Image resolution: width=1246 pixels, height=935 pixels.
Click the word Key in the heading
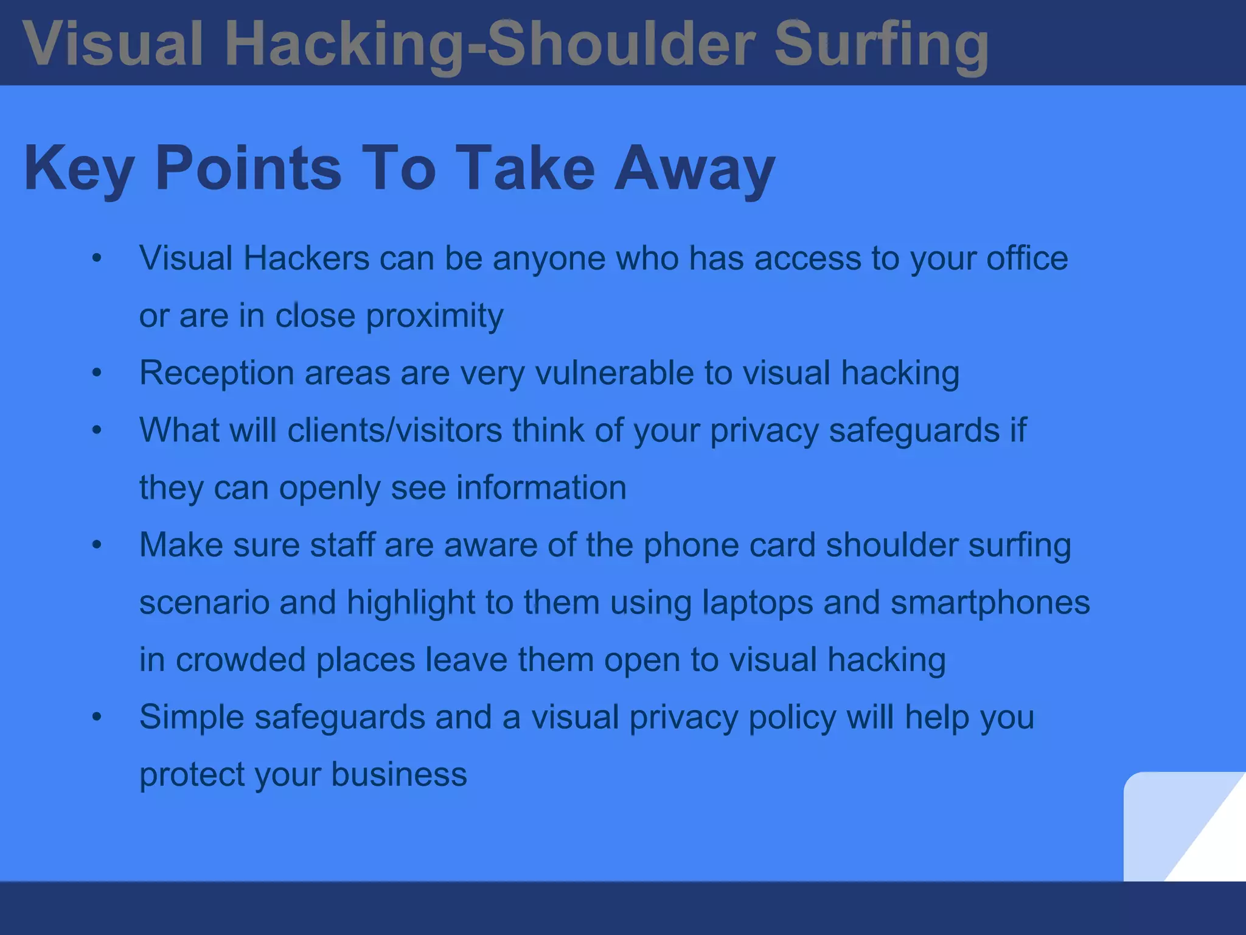pos(78,169)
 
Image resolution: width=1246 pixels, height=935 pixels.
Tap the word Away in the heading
pos(694,169)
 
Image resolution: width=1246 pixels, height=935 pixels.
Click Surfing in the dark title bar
pos(882,44)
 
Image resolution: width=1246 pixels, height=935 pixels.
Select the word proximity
pos(434,315)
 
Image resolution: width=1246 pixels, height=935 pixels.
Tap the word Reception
pos(217,373)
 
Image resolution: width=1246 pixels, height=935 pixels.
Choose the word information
pos(541,487)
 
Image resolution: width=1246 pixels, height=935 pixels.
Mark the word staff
pos(342,544)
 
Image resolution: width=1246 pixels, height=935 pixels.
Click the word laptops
pos(757,601)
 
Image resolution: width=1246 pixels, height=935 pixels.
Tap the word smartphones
pos(990,601)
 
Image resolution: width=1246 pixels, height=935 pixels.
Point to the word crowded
pos(240,659)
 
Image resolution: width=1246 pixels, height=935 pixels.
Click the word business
pos(399,774)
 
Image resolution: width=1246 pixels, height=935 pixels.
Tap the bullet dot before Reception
pos(97,373)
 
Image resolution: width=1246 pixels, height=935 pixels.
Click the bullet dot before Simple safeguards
pos(97,716)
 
